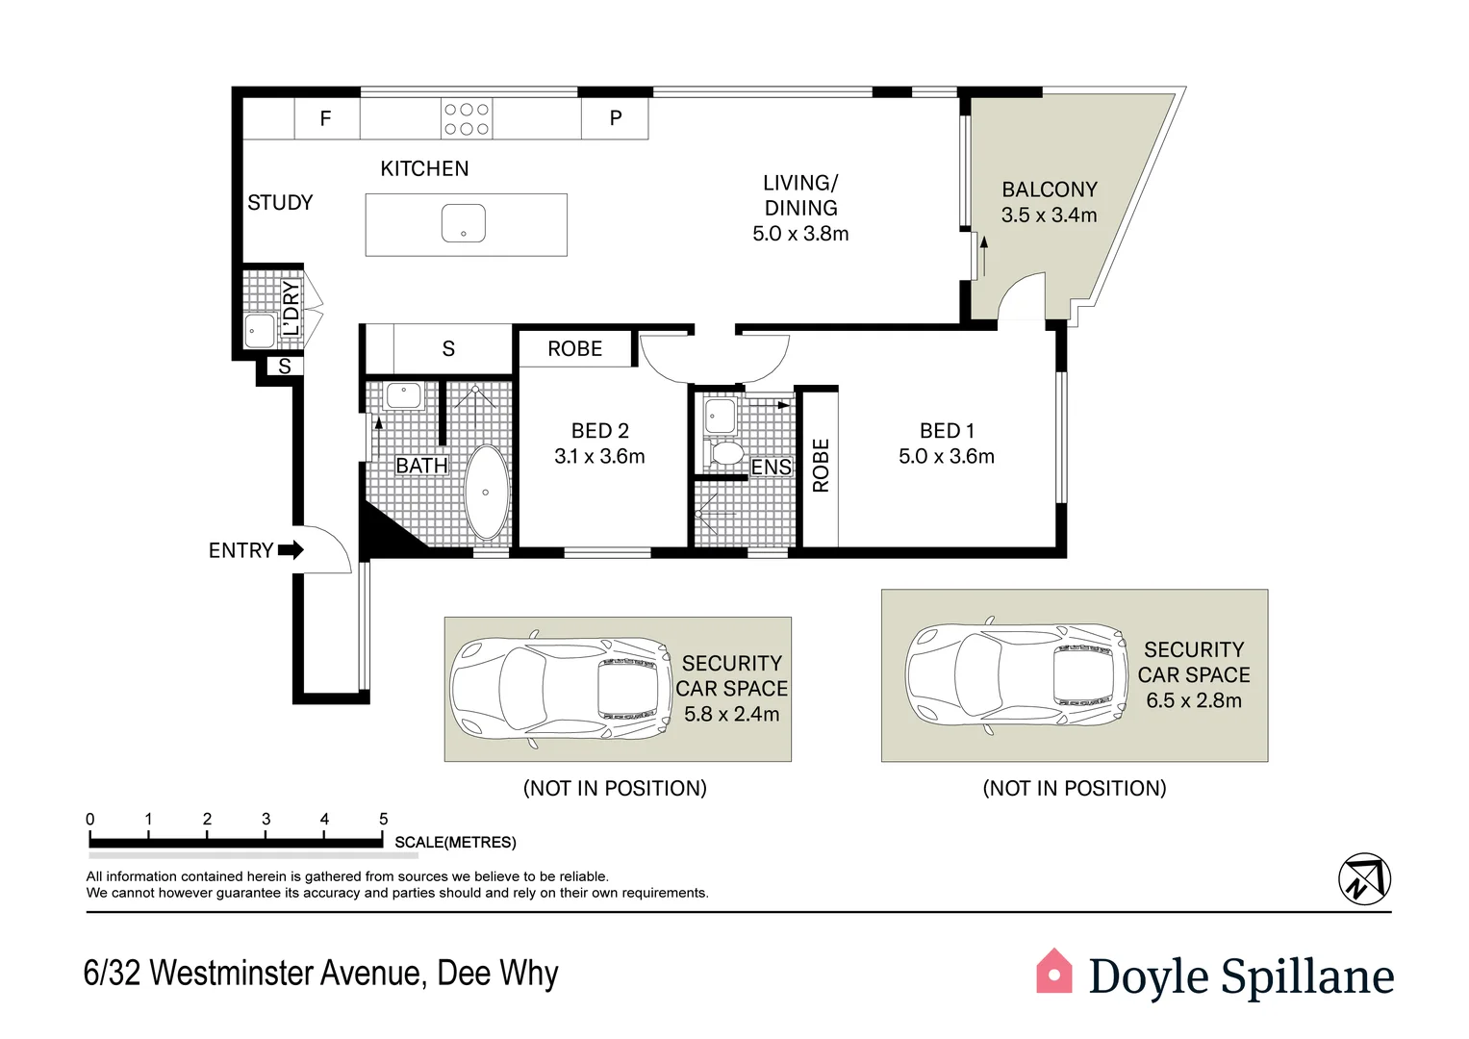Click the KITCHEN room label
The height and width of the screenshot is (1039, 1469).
(424, 168)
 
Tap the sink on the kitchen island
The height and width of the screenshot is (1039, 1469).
(463, 223)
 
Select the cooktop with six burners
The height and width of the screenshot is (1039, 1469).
(467, 119)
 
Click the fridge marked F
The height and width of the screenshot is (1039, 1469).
(326, 118)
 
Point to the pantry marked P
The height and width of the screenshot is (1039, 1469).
(616, 118)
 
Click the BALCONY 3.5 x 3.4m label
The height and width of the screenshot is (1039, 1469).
(1049, 202)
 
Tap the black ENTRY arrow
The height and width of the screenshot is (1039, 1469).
(291, 550)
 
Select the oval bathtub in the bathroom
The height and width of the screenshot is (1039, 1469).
(486, 492)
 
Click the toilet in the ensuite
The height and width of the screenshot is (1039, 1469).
(724, 452)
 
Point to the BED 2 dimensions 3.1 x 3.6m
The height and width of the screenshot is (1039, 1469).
(599, 456)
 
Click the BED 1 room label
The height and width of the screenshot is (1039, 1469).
(947, 431)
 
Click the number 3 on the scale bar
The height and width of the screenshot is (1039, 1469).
(266, 820)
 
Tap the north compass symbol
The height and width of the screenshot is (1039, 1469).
(1364, 879)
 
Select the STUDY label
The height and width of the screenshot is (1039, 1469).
(280, 203)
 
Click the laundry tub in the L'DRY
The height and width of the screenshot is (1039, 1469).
(260, 330)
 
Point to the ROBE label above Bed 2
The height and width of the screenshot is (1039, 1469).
(574, 349)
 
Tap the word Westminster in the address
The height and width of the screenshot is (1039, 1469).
(286, 974)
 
